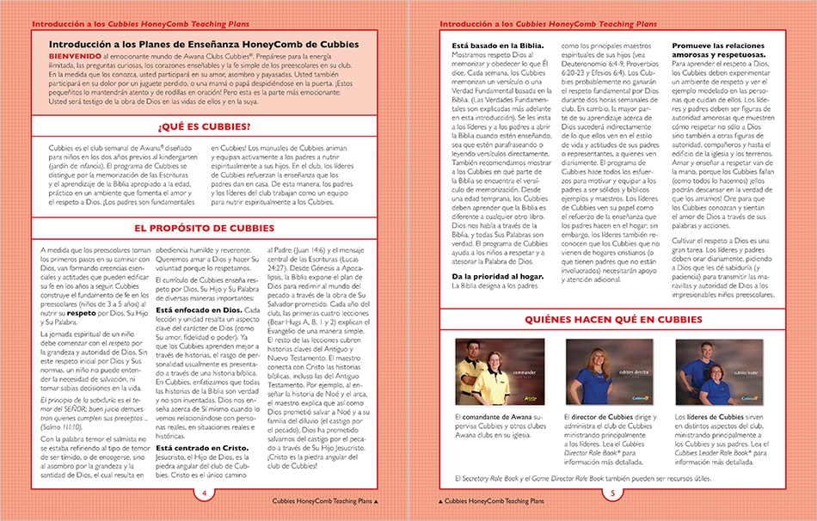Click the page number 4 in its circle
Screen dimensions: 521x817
tap(204, 493)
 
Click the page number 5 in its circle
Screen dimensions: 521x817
tap(612, 493)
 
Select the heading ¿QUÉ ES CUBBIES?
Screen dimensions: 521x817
tap(204, 126)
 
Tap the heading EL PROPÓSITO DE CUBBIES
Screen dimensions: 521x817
tap(204, 228)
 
